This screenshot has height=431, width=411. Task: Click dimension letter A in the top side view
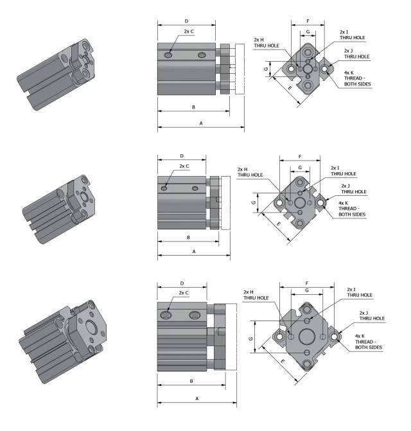[x=201, y=122]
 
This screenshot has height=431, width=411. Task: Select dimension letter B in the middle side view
[x=188, y=237]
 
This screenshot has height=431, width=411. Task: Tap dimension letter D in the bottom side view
[x=182, y=283]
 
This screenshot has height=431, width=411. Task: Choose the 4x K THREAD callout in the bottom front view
[x=369, y=341]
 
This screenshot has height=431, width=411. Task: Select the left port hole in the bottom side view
[x=168, y=315]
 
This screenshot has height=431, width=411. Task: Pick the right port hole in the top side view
[x=203, y=57]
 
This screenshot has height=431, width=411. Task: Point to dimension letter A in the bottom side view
[x=197, y=398]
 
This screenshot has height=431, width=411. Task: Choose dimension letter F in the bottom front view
[x=310, y=282]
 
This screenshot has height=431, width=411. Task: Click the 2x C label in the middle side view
[x=184, y=166]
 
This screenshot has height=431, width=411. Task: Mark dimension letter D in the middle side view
[x=182, y=156]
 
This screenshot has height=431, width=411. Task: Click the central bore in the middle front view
[x=300, y=203]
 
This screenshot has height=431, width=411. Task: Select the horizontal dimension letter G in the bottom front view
[x=310, y=290]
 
